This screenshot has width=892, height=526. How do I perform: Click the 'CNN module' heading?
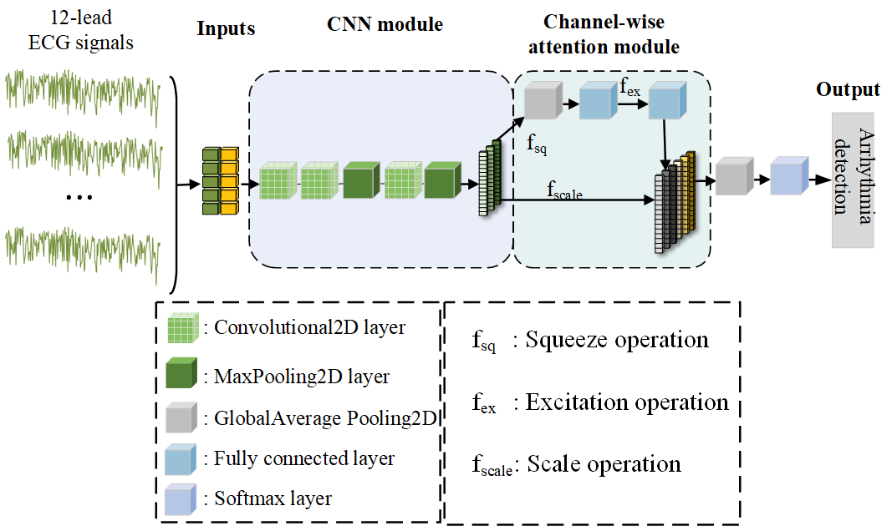coord(385,25)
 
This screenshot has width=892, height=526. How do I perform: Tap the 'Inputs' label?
coord(226,29)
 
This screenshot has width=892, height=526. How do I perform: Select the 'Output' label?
coord(848,90)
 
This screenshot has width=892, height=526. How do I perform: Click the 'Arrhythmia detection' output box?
coord(852,180)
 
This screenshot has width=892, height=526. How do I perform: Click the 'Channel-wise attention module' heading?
coord(611,35)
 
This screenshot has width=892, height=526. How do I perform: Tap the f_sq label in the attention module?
coord(537,143)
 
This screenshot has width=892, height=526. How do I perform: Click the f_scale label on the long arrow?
coord(564,193)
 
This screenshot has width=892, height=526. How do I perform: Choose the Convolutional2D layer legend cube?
coord(184,329)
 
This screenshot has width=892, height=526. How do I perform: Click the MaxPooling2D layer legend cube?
coord(184,374)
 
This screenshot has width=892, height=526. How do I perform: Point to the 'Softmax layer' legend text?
coord(273,499)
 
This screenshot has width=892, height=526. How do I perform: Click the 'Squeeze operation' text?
coord(616,340)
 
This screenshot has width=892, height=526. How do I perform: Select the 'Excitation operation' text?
coord(626,403)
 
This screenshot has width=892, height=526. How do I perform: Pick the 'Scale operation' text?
coord(604,464)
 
